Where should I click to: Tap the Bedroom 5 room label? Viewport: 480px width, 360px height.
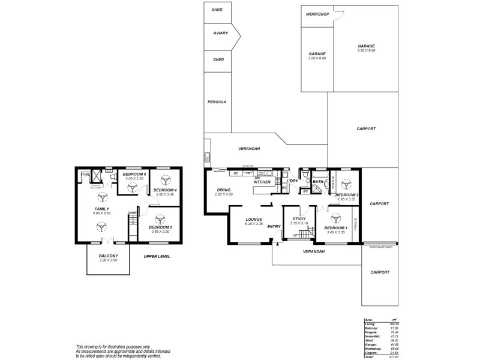[135, 174]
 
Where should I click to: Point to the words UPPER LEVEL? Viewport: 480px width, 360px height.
[157, 256]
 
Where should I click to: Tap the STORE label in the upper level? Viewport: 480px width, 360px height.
[85, 176]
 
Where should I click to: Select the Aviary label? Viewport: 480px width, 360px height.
[220, 33]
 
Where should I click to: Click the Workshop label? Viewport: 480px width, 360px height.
[317, 14]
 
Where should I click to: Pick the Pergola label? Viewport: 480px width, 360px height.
[217, 102]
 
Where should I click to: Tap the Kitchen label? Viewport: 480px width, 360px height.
[262, 181]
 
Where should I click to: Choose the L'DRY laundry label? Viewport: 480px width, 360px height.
[292, 181]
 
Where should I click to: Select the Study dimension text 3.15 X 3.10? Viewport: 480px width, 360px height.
[299, 223]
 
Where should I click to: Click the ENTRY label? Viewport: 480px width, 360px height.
[274, 226]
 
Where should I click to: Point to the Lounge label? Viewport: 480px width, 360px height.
[254, 219]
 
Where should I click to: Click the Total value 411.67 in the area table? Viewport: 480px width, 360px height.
[394, 356]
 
